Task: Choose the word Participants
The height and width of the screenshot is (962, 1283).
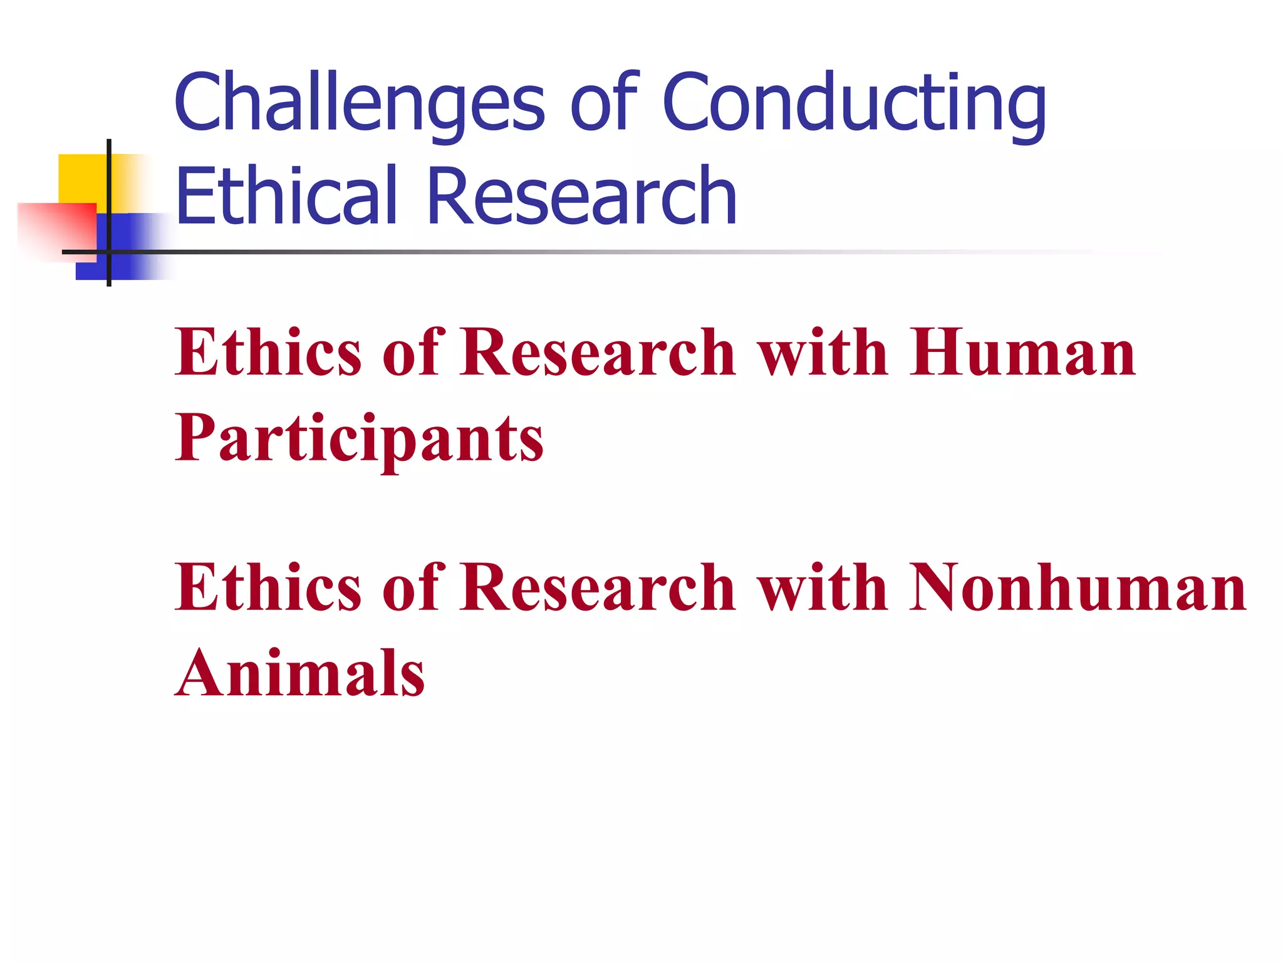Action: coord(359,438)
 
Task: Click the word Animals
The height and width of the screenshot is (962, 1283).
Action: coord(300,673)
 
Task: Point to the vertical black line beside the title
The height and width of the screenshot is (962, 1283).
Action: coord(109,188)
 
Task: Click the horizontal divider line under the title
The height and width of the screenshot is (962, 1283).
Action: coord(564,252)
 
